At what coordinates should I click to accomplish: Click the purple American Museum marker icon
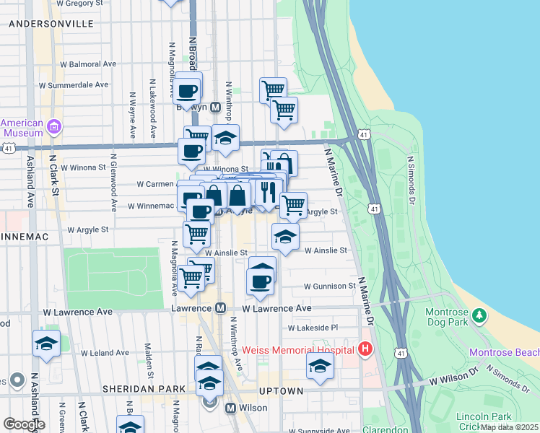click(53, 128)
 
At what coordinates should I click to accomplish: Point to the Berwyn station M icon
click(205, 107)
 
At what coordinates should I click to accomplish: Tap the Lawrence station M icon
click(221, 308)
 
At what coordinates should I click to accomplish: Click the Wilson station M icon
click(231, 408)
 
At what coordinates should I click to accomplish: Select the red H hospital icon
click(365, 350)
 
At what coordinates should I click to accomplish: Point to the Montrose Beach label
click(504, 352)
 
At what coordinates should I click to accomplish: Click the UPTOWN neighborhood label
click(282, 391)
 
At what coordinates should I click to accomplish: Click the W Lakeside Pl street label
click(313, 328)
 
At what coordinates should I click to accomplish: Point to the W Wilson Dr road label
click(454, 379)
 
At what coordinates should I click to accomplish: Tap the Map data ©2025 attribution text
click(509, 427)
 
